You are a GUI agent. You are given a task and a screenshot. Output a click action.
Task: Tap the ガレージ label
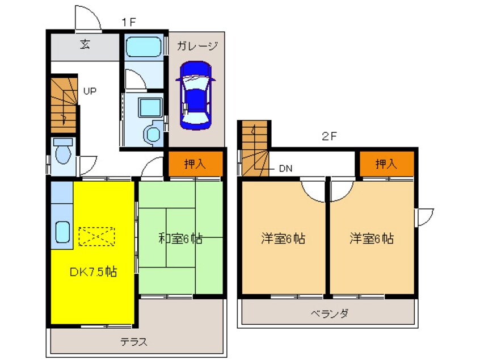tap(196, 45)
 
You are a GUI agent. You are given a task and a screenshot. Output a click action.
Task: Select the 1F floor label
tap(128, 22)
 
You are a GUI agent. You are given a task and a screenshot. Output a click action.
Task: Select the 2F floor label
tap(329, 136)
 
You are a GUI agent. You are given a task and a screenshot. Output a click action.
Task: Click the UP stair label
tap(90, 90)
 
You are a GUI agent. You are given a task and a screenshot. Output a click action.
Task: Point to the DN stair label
tap(285, 168)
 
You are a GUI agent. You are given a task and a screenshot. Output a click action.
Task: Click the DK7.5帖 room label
tap(93, 271)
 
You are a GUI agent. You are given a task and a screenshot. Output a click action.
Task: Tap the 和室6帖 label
tap(180, 238)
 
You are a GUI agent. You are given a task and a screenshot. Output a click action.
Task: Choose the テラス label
tap(134, 342)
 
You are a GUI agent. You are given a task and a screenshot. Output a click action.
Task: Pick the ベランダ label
tap(329, 313)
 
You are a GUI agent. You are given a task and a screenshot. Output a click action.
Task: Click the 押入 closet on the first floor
tap(195, 164)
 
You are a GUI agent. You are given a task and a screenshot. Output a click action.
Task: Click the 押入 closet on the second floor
tap(386, 164)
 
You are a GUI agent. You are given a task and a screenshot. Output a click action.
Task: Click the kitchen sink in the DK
tap(62, 232)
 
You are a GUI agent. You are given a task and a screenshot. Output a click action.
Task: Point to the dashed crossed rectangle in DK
tap(96, 236)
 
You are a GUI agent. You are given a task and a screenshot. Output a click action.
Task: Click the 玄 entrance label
tap(85, 45)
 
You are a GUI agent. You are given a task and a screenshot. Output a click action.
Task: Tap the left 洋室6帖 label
tap(283, 238)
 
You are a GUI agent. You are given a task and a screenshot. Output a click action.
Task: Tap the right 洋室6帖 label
tap(371, 238)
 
